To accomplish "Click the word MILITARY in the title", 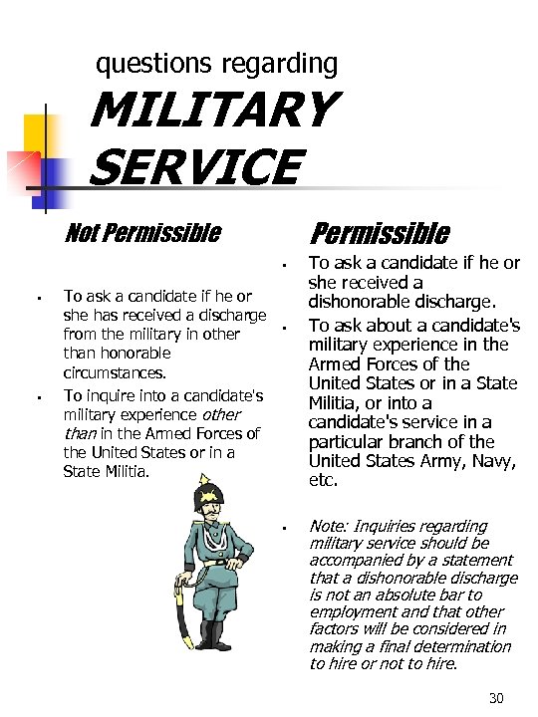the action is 211,109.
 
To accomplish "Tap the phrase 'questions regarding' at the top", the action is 216,65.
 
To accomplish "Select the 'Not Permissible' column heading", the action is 141,233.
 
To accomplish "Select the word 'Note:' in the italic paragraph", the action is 329,526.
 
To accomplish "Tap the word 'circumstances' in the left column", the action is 114,372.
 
